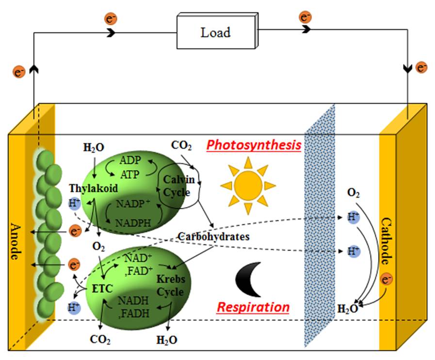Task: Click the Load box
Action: click(215, 33)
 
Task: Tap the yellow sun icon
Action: click(248, 186)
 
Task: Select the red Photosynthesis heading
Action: click(254, 145)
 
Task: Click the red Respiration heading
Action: click(253, 307)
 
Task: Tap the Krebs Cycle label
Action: click(170, 286)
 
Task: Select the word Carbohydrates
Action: click(213, 237)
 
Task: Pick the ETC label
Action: click(102, 289)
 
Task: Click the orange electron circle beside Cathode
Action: click(387, 280)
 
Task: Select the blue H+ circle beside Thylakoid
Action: click(74, 204)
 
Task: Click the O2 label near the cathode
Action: click(353, 193)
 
